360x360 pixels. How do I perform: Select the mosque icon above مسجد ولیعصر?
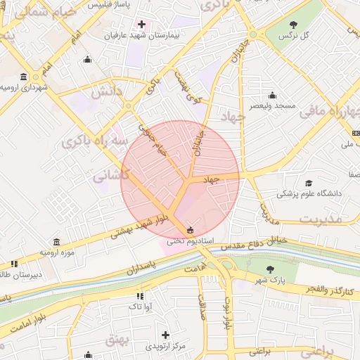(x=273, y=96)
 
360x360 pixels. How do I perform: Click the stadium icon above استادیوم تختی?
(x=190, y=229)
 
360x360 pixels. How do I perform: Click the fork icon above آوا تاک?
(x=139, y=296)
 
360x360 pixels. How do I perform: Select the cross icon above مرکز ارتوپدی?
(x=166, y=335)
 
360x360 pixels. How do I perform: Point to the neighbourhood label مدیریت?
(x=320, y=219)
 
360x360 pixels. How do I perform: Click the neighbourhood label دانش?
(x=107, y=91)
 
